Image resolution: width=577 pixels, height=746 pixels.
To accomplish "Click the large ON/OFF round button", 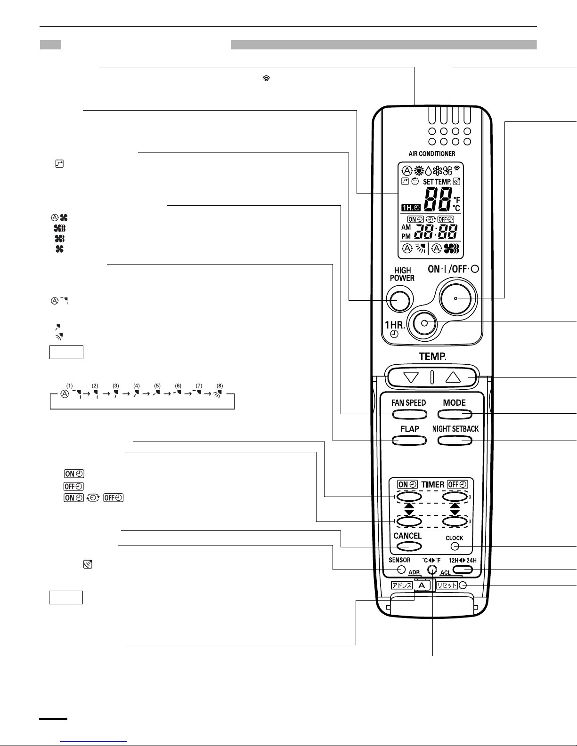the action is pyautogui.click(x=456, y=298).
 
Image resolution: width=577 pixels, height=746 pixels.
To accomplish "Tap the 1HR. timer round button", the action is pyautogui.click(x=424, y=323).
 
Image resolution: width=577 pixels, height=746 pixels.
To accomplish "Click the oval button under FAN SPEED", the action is pyautogui.click(x=409, y=415).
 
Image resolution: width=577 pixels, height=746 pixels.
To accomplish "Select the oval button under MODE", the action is pyautogui.click(x=455, y=415).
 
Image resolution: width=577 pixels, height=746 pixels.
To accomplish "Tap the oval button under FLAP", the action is pyautogui.click(x=409, y=441).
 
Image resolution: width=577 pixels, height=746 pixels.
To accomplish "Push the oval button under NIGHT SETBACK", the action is pyautogui.click(x=455, y=441).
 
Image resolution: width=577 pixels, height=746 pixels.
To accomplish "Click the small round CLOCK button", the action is pyautogui.click(x=455, y=546).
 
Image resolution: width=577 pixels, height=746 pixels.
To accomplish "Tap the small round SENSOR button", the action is pyautogui.click(x=401, y=570).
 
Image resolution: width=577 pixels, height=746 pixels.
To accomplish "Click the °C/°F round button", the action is pyautogui.click(x=432, y=570).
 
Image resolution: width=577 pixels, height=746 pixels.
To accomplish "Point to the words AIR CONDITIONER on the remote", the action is pyautogui.click(x=432, y=154).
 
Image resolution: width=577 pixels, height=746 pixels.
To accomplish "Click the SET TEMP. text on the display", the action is pyautogui.click(x=437, y=182).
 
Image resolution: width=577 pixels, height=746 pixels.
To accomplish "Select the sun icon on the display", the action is pyautogui.click(x=419, y=171).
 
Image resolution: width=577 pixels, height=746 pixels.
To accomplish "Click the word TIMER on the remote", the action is pyautogui.click(x=432, y=484).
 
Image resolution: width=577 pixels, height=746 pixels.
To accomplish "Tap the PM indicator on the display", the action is pyautogui.click(x=406, y=236).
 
